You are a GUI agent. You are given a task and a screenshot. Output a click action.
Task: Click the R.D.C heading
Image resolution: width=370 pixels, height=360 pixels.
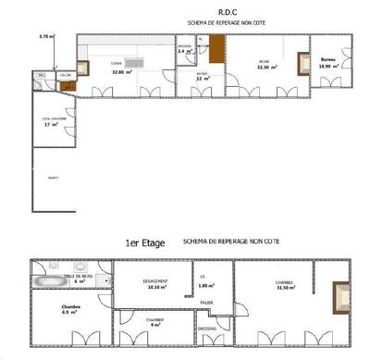pos(185,14)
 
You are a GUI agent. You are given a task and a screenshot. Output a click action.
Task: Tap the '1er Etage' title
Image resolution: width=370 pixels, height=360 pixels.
pos(144,243)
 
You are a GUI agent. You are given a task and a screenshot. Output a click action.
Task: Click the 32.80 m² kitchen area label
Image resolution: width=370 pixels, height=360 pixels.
pos(119,70)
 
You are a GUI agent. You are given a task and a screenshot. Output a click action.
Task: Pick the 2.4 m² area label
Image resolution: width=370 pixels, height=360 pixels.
pos(184,51)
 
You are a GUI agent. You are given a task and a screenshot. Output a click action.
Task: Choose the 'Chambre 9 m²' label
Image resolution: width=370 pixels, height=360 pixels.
pos(155,323)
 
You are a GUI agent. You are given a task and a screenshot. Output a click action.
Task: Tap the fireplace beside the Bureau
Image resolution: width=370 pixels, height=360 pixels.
pos(302,65)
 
